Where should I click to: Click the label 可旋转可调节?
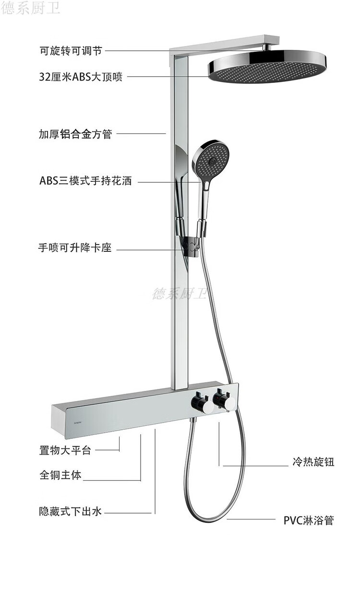[x=71, y=51]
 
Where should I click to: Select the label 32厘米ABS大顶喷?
[x=81, y=77]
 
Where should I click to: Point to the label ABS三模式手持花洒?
[x=85, y=181]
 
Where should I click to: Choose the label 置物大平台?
[x=65, y=450]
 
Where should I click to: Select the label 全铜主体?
[x=60, y=475]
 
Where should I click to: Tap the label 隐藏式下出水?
[x=71, y=512]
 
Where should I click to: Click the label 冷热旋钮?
[x=313, y=462]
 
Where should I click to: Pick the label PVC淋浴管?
[x=308, y=520]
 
